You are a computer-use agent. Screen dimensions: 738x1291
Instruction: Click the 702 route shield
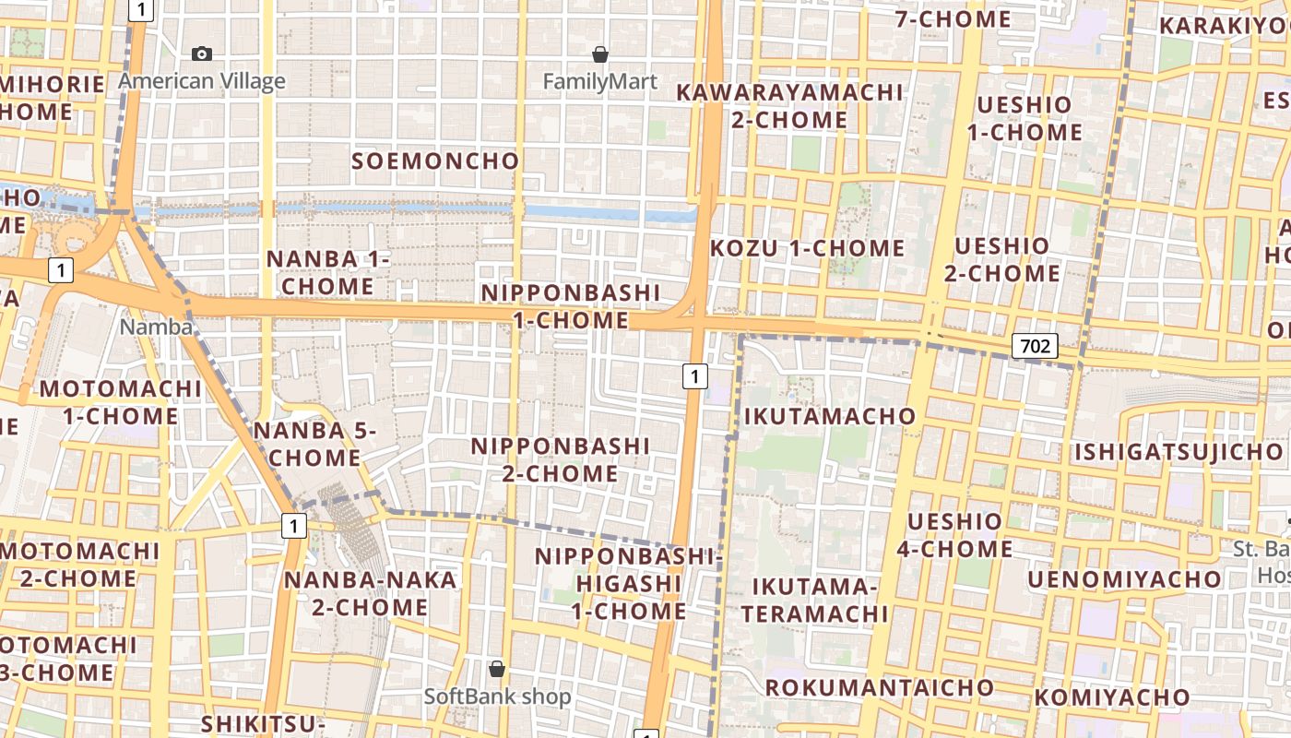pos(1035,346)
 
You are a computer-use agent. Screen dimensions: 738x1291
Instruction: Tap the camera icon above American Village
pos(201,54)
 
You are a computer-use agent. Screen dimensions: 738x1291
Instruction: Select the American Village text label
pos(202,81)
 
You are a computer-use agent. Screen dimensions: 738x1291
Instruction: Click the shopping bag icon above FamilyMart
pos(600,54)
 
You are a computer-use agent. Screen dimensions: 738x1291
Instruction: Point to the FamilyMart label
pos(600,81)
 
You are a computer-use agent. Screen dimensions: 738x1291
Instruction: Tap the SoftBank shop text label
pos(497,696)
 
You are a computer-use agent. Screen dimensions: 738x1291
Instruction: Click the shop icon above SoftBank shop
pos(497,669)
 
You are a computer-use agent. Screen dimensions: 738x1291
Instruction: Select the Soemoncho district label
pos(436,161)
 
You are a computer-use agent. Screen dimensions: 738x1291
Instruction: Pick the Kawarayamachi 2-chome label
pos(789,106)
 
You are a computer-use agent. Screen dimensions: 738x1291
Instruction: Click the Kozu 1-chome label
pos(808,247)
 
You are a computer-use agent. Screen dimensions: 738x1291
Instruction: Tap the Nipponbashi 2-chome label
pos(561,459)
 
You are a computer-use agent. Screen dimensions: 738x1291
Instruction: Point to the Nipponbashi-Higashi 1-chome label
pos(628,583)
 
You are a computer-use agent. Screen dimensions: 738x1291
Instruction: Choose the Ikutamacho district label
pos(830,416)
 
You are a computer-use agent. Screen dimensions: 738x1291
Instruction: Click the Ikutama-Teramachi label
pos(815,600)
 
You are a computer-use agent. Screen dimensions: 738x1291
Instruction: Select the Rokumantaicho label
pos(880,687)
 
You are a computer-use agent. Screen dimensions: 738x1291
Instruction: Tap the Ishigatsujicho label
pos(1178,452)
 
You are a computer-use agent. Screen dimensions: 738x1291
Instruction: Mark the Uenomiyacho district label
pos(1124,578)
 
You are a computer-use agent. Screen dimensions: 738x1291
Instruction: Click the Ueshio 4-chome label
pos(954,535)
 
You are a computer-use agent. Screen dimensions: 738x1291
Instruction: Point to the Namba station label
pos(157,327)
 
